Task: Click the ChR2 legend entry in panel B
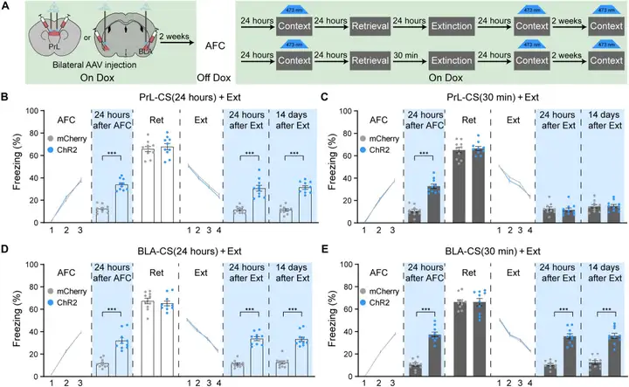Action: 65,149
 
